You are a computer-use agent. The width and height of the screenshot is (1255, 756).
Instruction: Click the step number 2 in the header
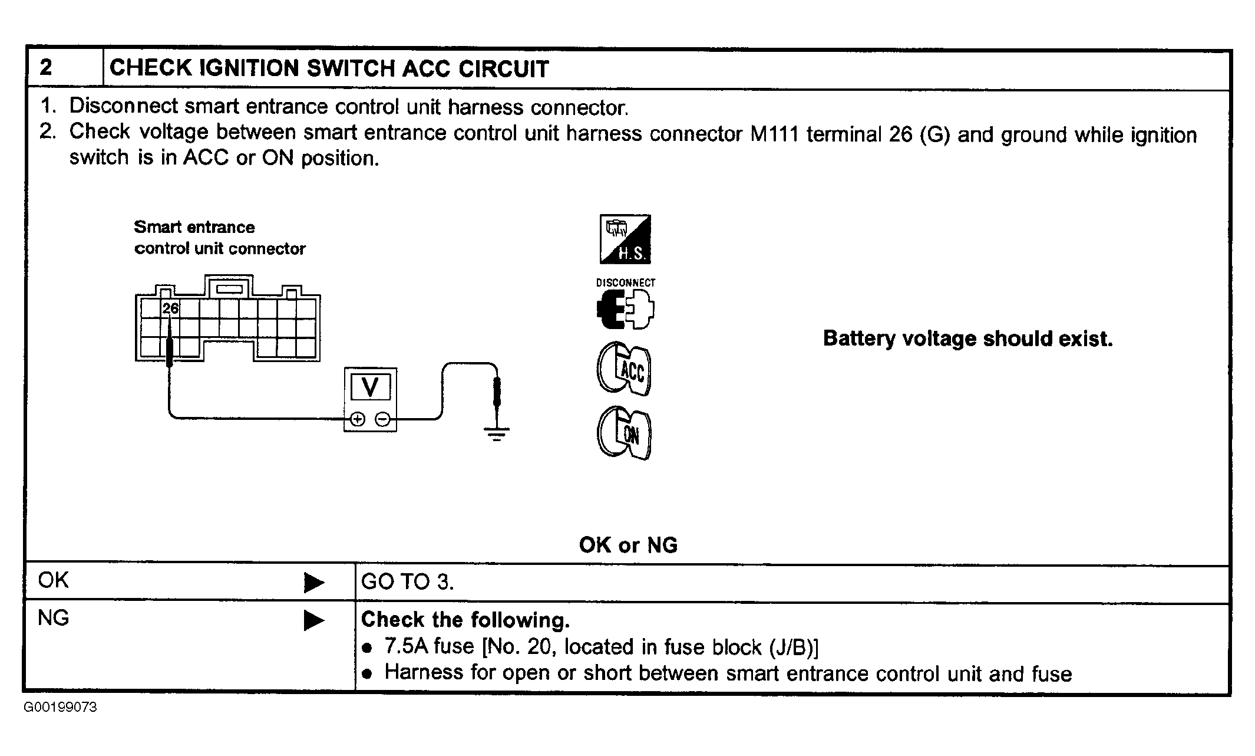click(x=46, y=67)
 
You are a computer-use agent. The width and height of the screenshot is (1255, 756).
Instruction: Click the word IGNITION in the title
click(x=250, y=68)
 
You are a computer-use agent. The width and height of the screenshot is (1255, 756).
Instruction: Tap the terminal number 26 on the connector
click(x=170, y=308)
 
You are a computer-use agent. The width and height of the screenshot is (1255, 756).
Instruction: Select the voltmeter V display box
click(x=370, y=387)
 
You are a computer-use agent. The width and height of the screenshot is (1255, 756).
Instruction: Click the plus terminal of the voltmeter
click(x=358, y=419)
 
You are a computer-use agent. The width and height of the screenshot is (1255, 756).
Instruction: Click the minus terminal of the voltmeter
click(x=383, y=419)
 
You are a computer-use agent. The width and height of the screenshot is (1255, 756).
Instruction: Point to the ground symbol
click(x=497, y=433)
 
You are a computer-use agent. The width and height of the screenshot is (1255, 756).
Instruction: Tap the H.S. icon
click(x=625, y=239)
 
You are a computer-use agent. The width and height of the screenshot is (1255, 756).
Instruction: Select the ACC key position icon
click(x=624, y=369)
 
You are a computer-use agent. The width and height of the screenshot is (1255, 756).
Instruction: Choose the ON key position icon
click(x=624, y=433)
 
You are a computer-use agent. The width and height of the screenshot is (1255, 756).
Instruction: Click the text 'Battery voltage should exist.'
click(x=967, y=338)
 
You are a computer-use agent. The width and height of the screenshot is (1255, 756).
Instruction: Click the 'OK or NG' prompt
click(x=628, y=545)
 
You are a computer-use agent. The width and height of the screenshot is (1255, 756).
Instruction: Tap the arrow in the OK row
click(x=314, y=583)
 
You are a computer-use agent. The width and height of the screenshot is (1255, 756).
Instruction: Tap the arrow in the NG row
click(x=314, y=620)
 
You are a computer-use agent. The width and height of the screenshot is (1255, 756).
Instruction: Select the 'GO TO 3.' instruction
click(x=407, y=582)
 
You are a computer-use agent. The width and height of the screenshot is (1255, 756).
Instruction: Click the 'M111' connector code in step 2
click(x=774, y=134)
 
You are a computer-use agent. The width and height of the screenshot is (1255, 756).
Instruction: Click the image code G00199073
click(x=60, y=707)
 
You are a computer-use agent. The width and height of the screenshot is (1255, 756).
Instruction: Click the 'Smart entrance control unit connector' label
click(x=219, y=238)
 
